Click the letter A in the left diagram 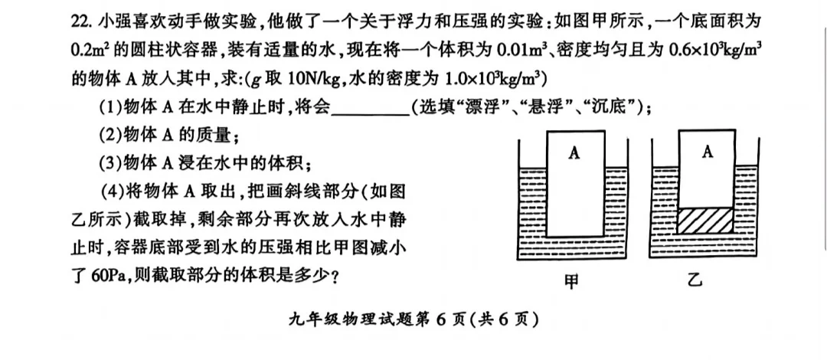coord(574,153)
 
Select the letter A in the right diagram coord(707,152)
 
